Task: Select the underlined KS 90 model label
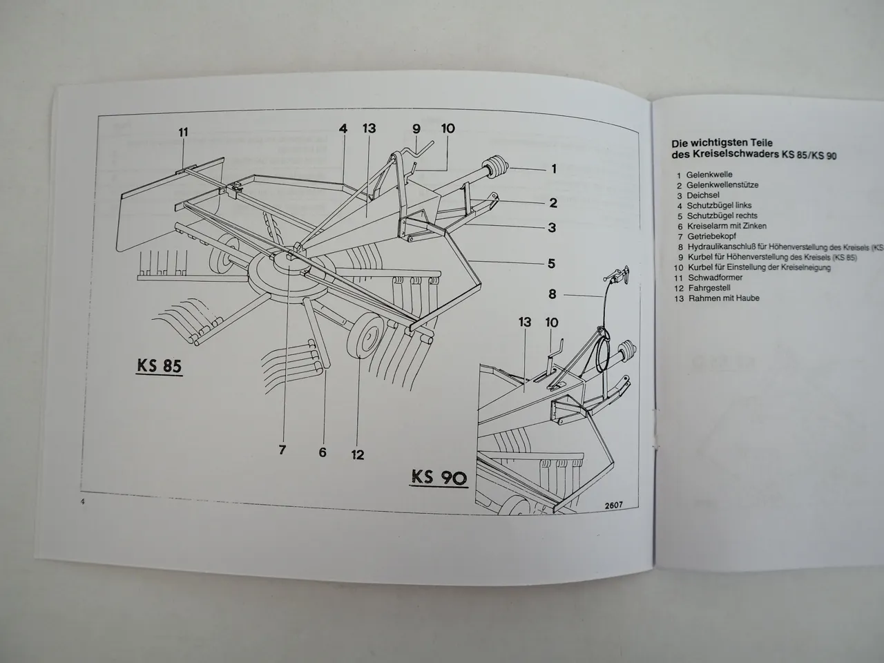click(439, 477)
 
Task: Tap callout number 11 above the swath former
click(182, 132)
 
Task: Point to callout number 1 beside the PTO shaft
click(553, 168)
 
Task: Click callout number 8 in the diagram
click(552, 294)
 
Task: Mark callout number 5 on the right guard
click(551, 263)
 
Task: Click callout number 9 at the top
click(416, 128)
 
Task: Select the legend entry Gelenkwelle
click(709, 175)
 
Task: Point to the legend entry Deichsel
click(704, 195)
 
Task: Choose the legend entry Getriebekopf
click(711, 236)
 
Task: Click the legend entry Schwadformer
click(714, 278)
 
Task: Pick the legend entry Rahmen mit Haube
click(723, 298)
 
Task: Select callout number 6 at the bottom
click(323, 452)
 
